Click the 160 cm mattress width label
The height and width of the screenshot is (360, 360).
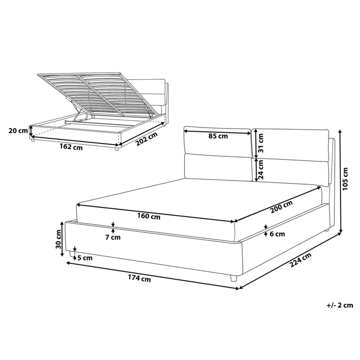pos(149,217)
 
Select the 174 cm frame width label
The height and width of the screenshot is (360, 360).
pos(140,279)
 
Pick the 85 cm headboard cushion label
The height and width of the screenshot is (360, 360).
pos(219,136)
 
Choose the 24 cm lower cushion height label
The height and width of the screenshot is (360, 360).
pos(261,168)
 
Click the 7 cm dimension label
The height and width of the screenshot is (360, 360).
pos(112,237)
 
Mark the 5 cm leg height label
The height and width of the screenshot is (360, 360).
pos(84,258)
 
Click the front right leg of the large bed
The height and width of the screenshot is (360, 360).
pos(233,278)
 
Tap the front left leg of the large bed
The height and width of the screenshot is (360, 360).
pos(70,254)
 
